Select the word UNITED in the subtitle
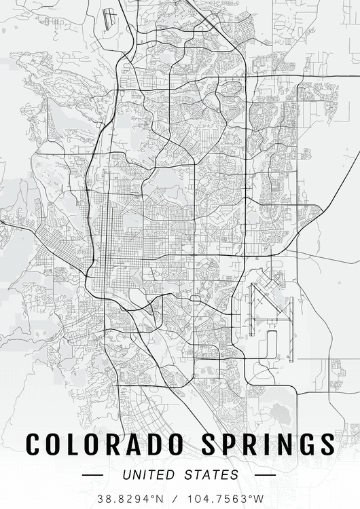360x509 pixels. (149, 474)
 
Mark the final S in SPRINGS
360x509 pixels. (327, 445)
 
